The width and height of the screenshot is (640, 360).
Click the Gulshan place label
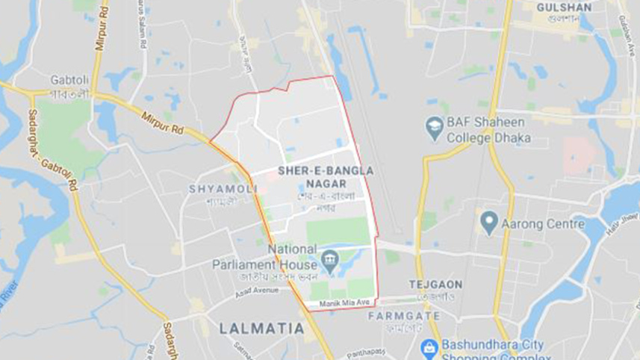click(564, 7)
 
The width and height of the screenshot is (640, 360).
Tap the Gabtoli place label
click(69, 79)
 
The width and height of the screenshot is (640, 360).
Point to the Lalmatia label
click(262, 329)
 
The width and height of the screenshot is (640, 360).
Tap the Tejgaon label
click(435, 285)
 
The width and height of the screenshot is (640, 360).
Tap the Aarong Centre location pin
click(489, 221)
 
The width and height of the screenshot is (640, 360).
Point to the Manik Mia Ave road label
click(345, 302)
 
